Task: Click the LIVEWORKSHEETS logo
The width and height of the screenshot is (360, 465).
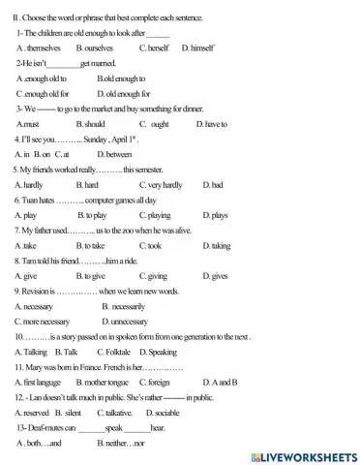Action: pyautogui.click(x=303, y=454)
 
